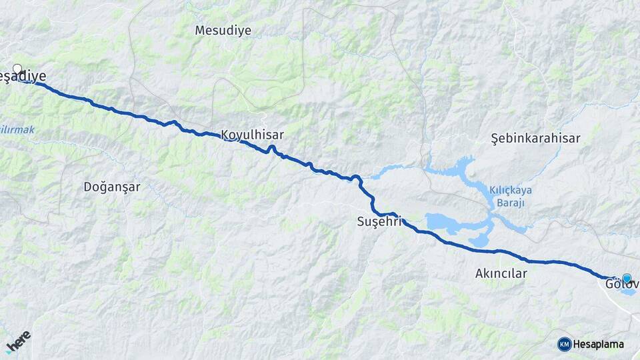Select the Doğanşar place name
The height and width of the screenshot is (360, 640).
coord(112,187)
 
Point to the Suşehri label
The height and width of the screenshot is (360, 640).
coord(379,221)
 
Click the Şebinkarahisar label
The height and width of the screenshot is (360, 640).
coord(535,139)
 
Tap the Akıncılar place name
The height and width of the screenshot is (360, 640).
coord(501,273)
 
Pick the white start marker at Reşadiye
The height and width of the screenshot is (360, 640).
coord(17,69)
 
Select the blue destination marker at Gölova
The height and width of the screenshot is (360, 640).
coord(627,278)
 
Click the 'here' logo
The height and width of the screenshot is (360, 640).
coord(19,341)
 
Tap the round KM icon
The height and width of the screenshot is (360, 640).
coord(565,344)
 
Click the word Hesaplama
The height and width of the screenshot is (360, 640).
coord(598,345)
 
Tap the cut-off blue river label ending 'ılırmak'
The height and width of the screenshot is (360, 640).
coord(17,129)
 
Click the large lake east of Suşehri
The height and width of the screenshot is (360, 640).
coord(447,223)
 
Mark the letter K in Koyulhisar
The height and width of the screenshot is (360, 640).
coord(225,135)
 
